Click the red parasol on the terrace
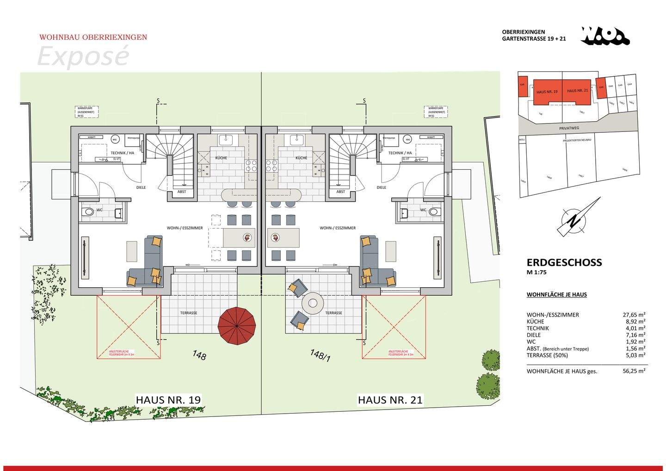pos(237,325)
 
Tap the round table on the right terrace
pos(313,304)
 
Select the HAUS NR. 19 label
pos(168,400)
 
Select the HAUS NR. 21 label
pos(390,400)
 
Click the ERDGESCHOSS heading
pos(564,262)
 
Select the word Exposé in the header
pos(82,56)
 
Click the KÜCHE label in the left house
pos(221,158)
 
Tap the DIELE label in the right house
pos(382,187)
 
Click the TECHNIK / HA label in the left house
pos(122,153)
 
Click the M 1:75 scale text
pos(536,273)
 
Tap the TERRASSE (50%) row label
pos(546,355)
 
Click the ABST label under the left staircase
pos(182,192)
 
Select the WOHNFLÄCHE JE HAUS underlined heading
pos(556,294)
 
